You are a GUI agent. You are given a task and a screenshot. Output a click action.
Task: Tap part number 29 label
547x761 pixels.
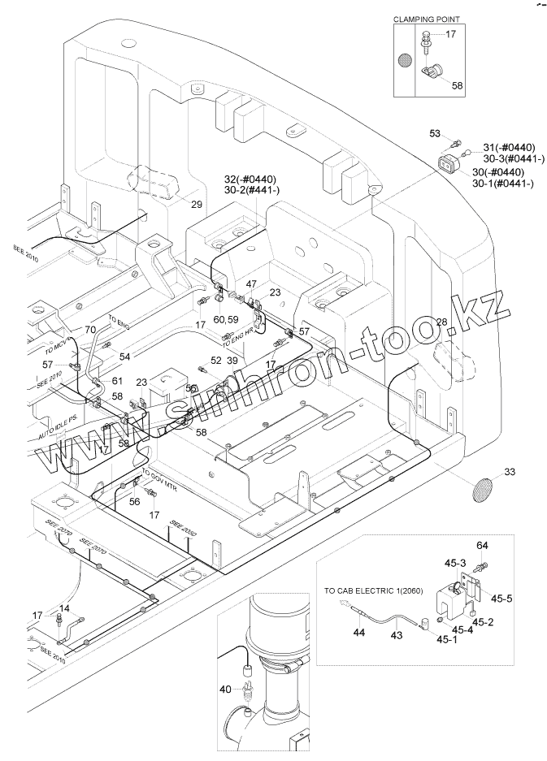197,205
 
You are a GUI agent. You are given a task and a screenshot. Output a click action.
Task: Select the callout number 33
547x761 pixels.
510,471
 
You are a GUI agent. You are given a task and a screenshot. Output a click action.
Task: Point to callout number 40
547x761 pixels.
224,690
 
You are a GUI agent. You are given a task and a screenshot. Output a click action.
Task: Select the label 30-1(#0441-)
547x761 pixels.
503,184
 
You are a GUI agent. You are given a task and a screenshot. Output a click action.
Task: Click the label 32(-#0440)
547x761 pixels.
250,178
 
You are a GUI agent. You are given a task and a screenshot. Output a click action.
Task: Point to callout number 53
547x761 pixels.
435,133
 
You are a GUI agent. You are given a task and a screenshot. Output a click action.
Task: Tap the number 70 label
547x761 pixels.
90,329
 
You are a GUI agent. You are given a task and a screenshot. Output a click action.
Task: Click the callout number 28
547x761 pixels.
442,322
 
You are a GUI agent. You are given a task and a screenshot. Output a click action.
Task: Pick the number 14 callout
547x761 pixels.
64,608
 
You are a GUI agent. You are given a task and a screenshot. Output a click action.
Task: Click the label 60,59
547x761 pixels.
226,320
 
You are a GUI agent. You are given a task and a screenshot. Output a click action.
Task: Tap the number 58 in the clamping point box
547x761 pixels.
457,84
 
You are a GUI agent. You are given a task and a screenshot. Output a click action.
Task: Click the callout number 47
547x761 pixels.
251,283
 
